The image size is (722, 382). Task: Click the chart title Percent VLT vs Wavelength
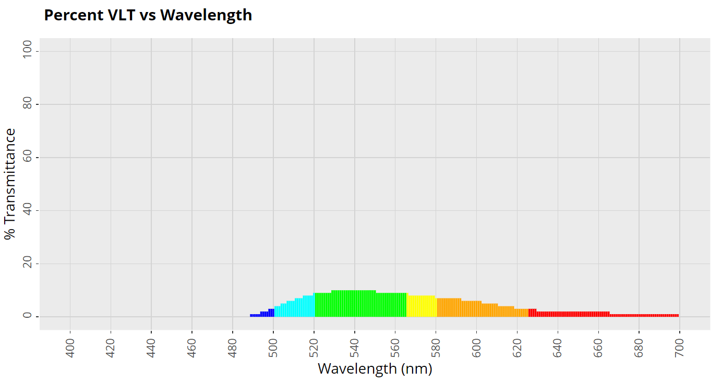click(x=148, y=15)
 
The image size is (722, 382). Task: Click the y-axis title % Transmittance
click(x=10, y=184)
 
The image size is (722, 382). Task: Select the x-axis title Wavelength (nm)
click(x=375, y=369)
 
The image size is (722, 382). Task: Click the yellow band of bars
click(x=422, y=306)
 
